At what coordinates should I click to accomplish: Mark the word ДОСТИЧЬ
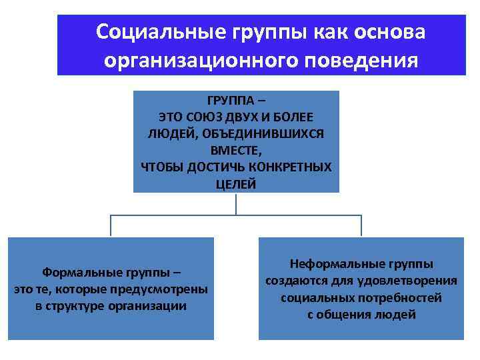pos(213,167)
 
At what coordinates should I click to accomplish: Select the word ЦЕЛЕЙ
pos(236,183)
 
